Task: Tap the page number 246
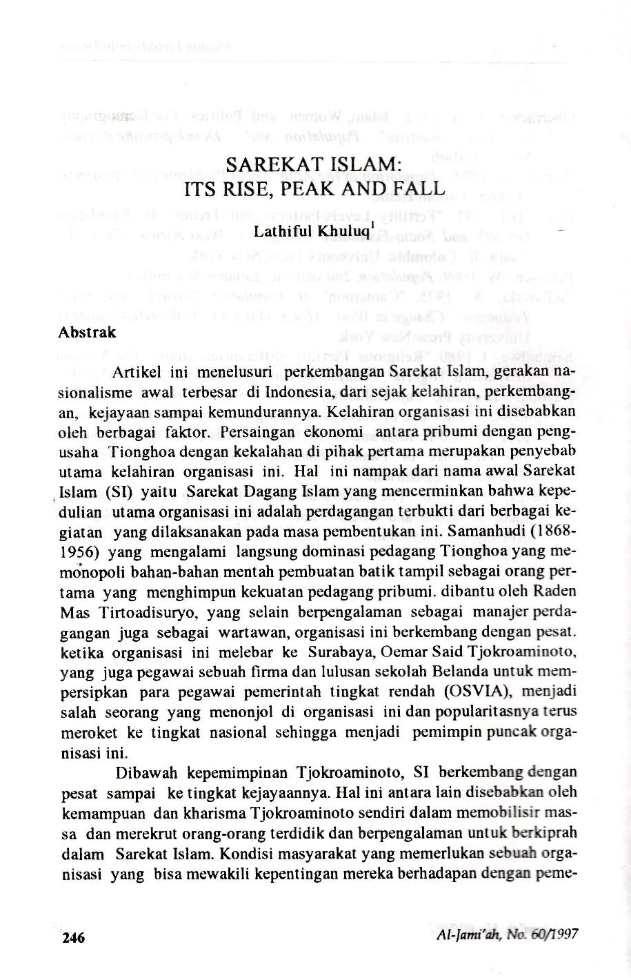[73, 938]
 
